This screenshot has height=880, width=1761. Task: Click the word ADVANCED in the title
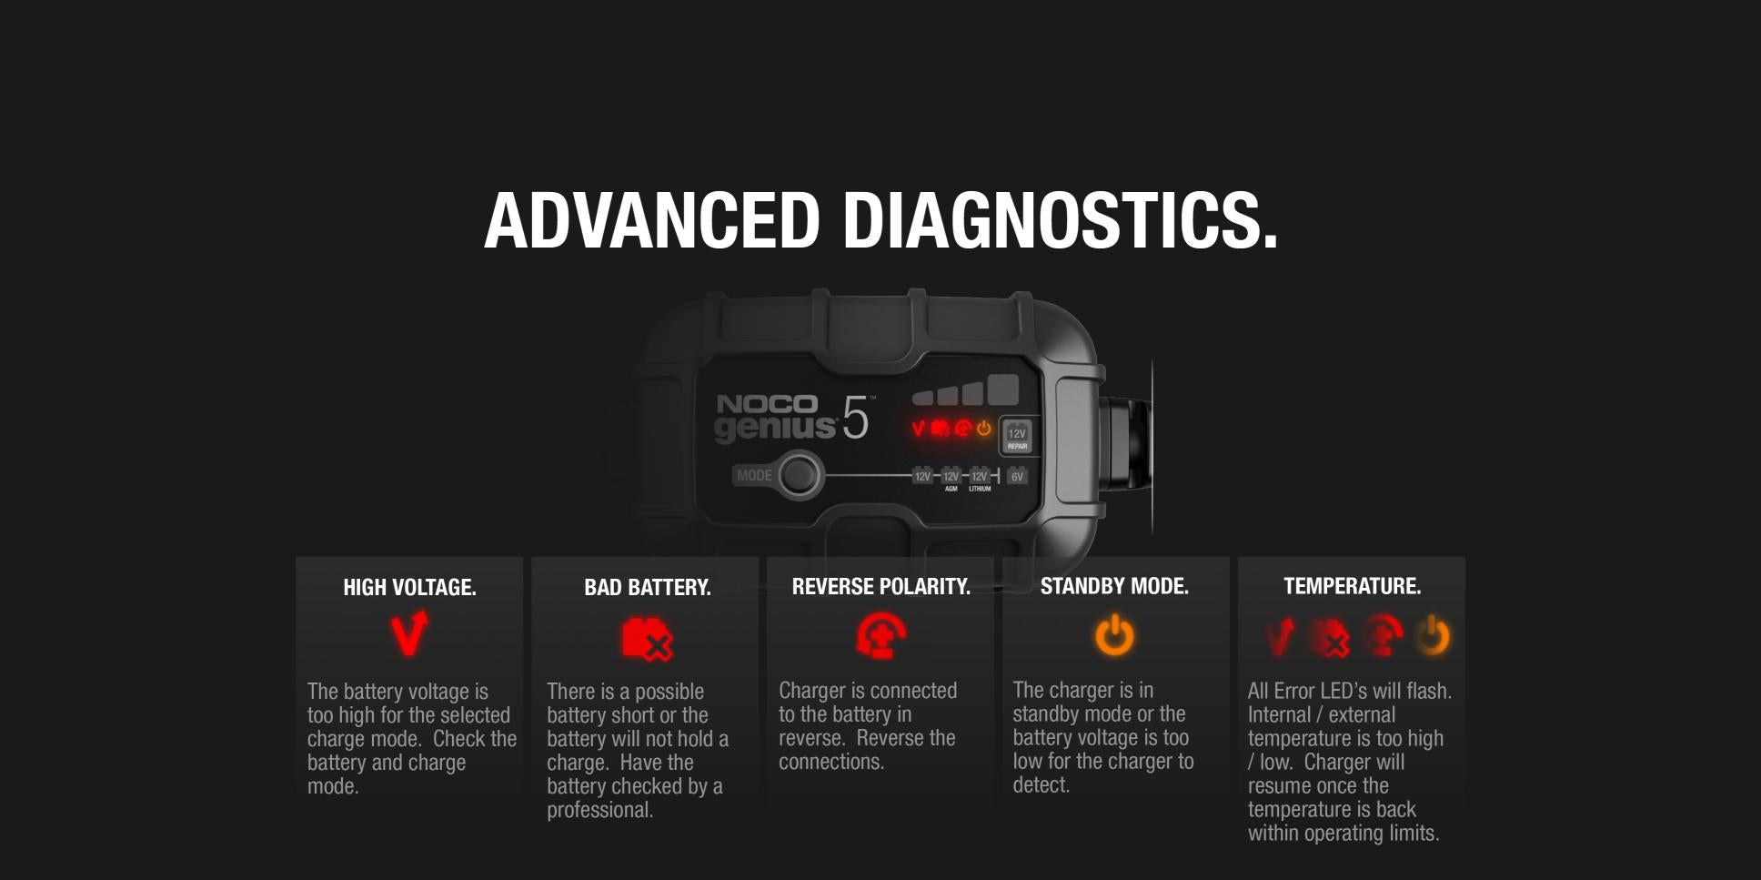pos(652,220)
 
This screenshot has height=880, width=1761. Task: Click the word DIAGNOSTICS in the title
pos(1060,220)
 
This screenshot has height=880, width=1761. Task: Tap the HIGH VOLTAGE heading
pos(409,588)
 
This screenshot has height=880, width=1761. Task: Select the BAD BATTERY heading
pos(647,588)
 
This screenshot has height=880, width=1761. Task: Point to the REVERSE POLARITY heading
pos(880,587)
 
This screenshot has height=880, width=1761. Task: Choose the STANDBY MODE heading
pos(1114,586)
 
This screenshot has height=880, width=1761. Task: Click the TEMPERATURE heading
pos(1352,586)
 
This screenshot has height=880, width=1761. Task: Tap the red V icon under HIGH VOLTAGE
pos(408,633)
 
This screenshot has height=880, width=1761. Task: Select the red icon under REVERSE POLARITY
pos(880,635)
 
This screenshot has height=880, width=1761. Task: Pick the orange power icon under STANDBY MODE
pos(1114,635)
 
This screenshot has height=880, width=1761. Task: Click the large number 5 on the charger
pos(855,419)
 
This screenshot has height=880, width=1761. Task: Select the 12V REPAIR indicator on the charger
pos(1017,437)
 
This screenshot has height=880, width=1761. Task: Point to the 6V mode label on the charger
pos(1017,476)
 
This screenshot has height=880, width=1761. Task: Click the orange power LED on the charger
pos(984,428)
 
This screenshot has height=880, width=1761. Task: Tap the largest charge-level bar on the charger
pos(1002,389)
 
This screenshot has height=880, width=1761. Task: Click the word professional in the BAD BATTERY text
pos(599,810)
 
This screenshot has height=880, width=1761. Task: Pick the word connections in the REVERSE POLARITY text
pos(830,762)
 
